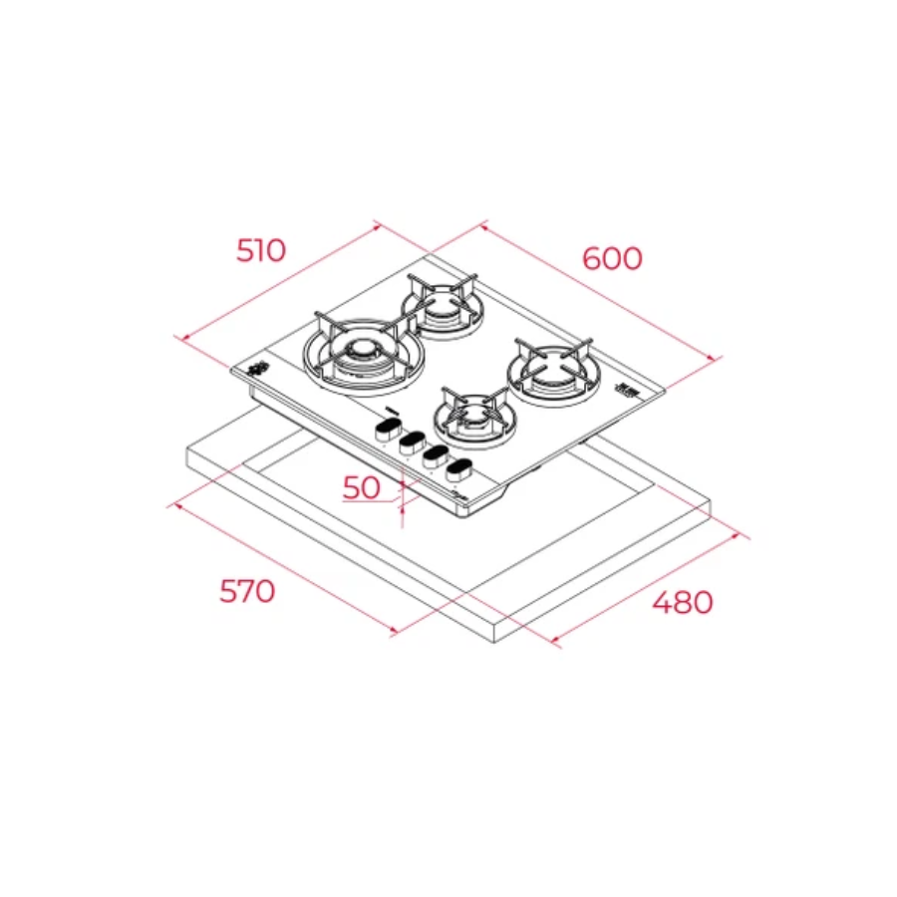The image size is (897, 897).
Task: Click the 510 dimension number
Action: click(x=261, y=250)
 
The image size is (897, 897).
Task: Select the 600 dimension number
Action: click(x=612, y=258)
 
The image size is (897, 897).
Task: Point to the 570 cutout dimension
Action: click(x=247, y=591)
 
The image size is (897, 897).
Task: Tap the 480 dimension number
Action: click(x=683, y=602)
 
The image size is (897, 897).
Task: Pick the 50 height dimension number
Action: click(x=361, y=487)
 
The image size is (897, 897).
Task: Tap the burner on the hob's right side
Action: click(x=553, y=371)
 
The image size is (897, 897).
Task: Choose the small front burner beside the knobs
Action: click(x=475, y=417)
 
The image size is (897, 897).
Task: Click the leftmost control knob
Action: click(x=389, y=429)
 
